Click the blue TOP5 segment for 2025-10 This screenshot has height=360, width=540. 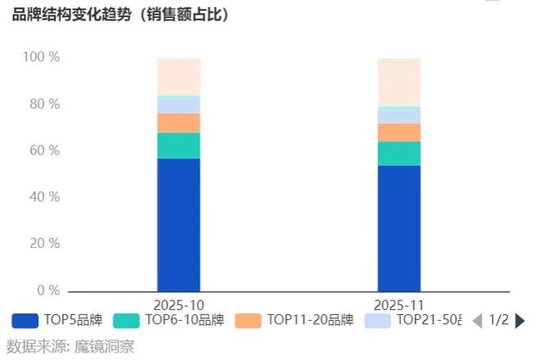(x=178, y=224)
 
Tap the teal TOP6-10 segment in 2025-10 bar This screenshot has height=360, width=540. (x=178, y=145)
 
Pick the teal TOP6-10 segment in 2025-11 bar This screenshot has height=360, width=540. (x=398, y=153)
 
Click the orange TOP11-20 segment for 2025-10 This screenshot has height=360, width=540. (x=178, y=123)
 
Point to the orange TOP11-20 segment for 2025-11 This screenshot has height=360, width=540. (x=398, y=132)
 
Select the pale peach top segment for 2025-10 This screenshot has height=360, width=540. (x=178, y=77)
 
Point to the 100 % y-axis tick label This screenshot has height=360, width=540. (x=41, y=57)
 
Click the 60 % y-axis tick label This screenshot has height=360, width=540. (x=44, y=151)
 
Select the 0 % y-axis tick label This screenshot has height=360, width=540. (x=47, y=290)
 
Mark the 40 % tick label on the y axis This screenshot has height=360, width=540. (x=44, y=197)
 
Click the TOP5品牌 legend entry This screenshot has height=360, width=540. (x=57, y=320)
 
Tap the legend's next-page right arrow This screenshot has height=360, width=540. (x=520, y=320)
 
